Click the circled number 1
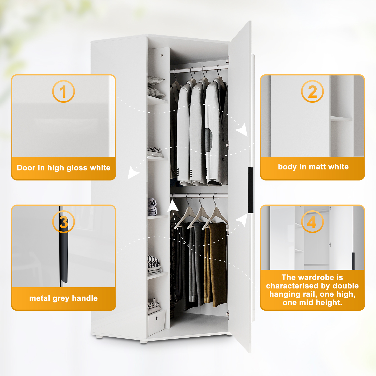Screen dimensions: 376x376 click(x=63, y=91)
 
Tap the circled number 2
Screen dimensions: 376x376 click(x=312, y=91)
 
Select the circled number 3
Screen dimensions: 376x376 click(x=63, y=222)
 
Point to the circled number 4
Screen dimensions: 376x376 click(x=312, y=222)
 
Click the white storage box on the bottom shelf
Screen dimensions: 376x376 click(x=156, y=322)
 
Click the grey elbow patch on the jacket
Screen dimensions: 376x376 click(x=209, y=140)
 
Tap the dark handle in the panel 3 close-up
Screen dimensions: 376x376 click(x=64, y=253)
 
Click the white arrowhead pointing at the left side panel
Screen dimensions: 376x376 click(x=133, y=172)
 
